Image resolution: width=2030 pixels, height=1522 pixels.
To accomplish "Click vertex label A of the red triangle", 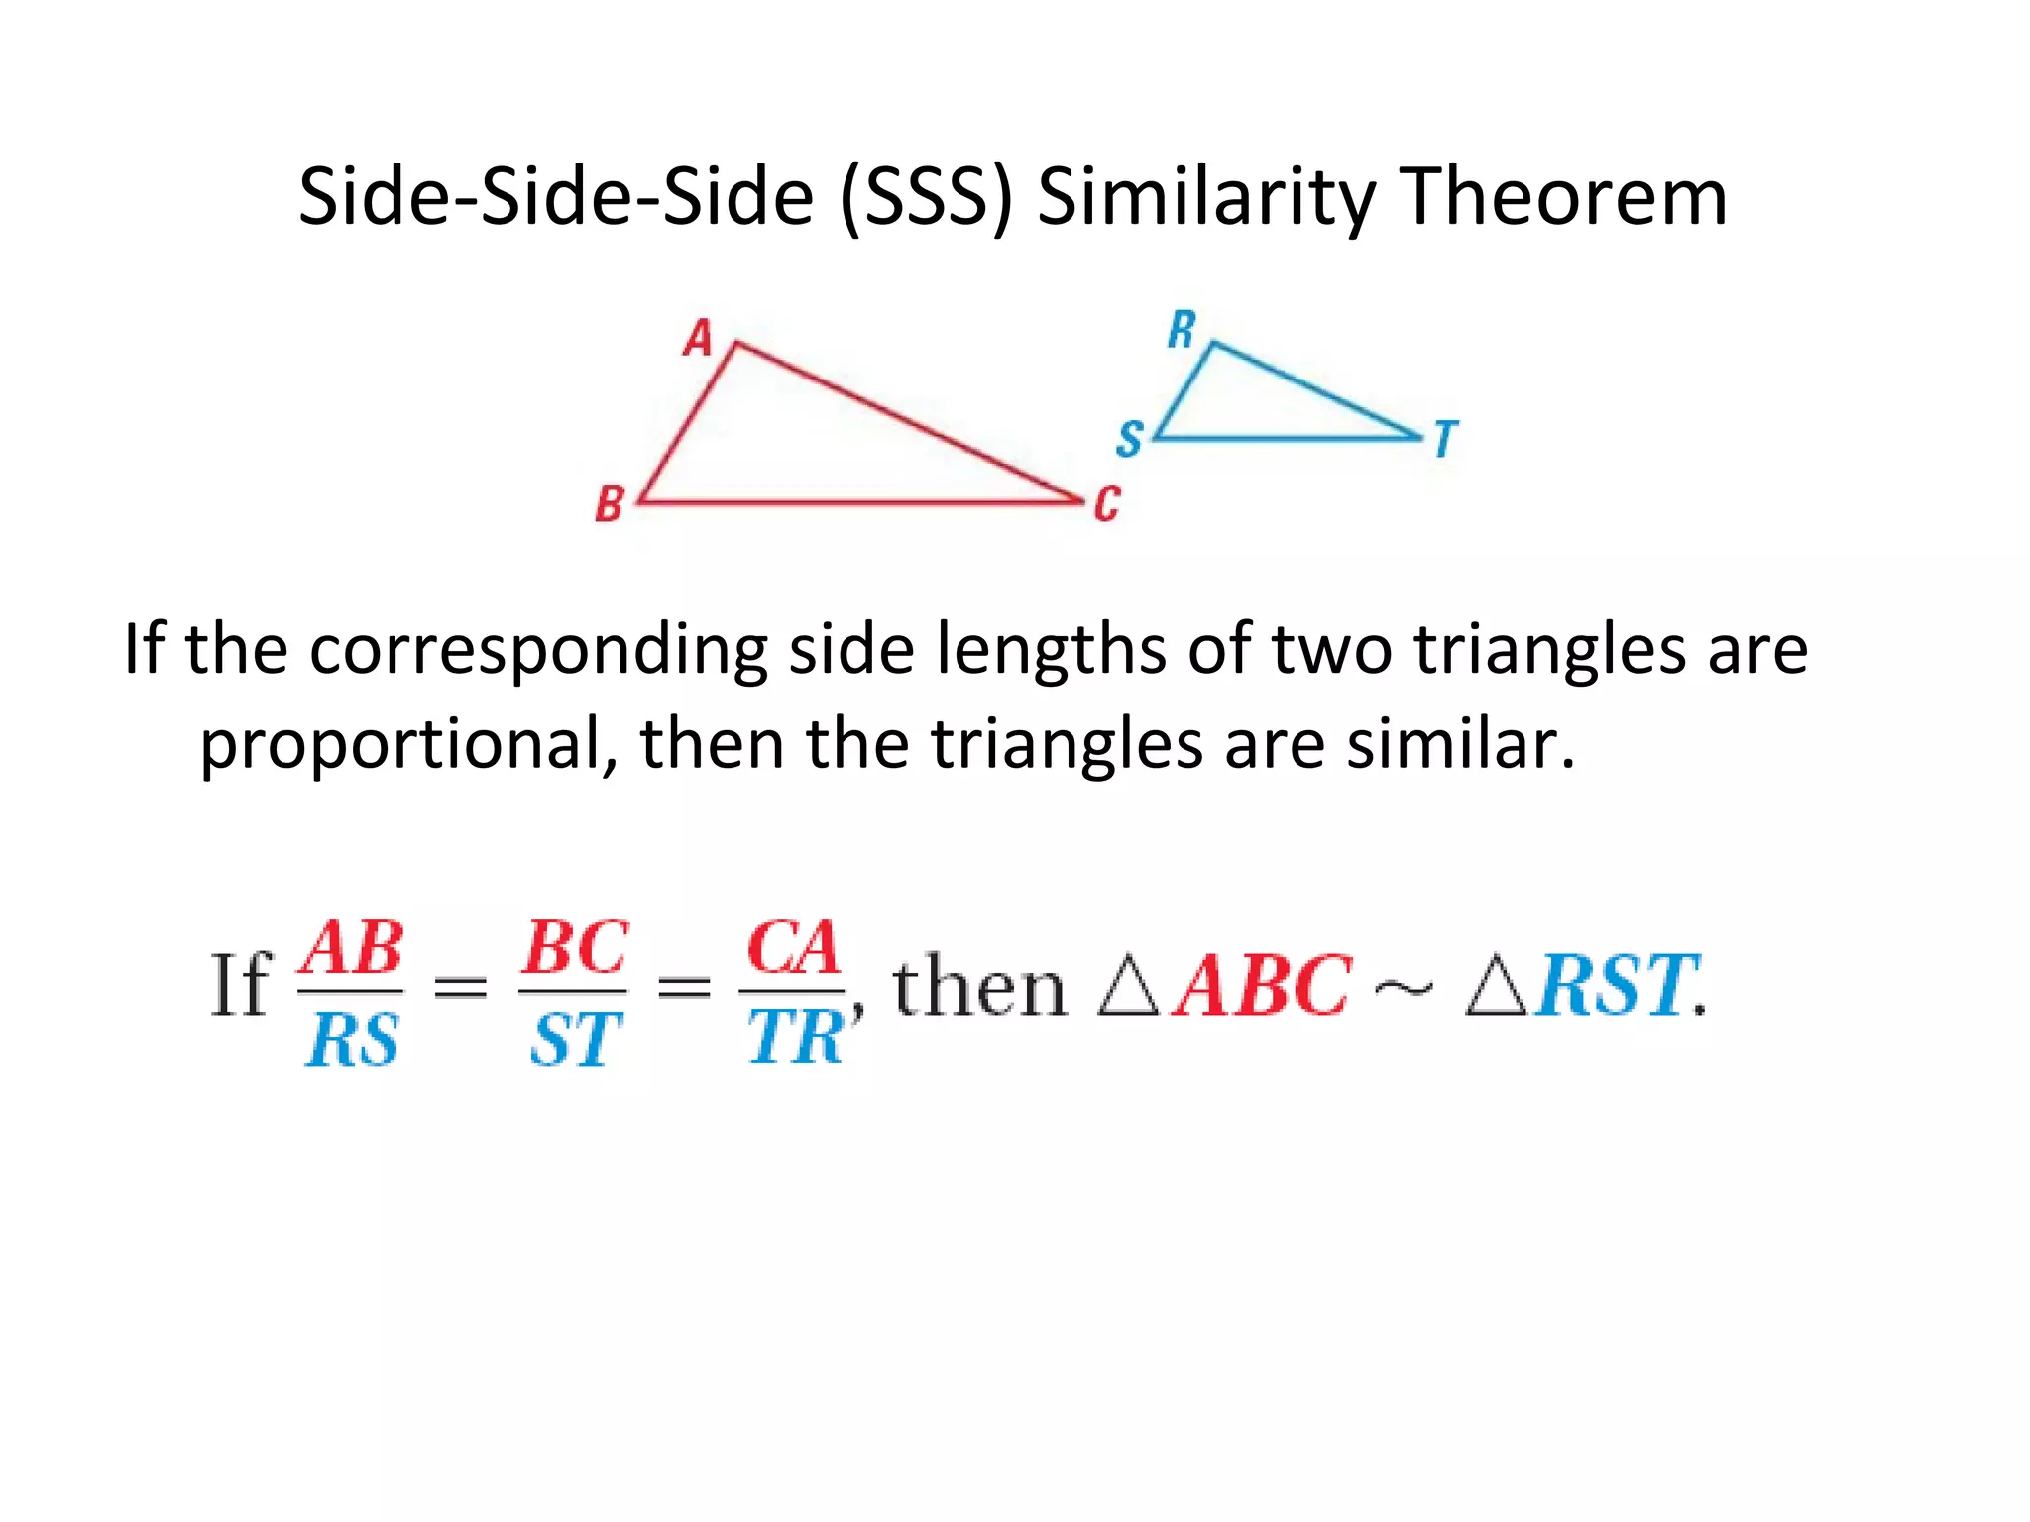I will (x=698, y=338).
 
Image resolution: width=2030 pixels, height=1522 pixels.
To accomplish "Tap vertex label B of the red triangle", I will (x=609, y=504).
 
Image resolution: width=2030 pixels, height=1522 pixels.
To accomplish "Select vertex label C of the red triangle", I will (x=1106, y=504).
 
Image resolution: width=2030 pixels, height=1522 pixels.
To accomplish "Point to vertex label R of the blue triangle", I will (x=1182, y=330).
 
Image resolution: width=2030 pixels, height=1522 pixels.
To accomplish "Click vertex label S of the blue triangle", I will (x=1129, y=439).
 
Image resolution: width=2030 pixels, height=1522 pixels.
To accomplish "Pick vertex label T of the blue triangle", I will (x=1446, y=439).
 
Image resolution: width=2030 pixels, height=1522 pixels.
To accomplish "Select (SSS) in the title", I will (x=927, y=197).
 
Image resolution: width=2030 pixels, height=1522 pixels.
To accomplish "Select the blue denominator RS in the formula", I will (x=353, y=1040).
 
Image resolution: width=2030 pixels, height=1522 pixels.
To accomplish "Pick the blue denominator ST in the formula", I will (x=575, y=1040).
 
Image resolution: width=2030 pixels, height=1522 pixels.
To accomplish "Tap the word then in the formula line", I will (x=978, y=988).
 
